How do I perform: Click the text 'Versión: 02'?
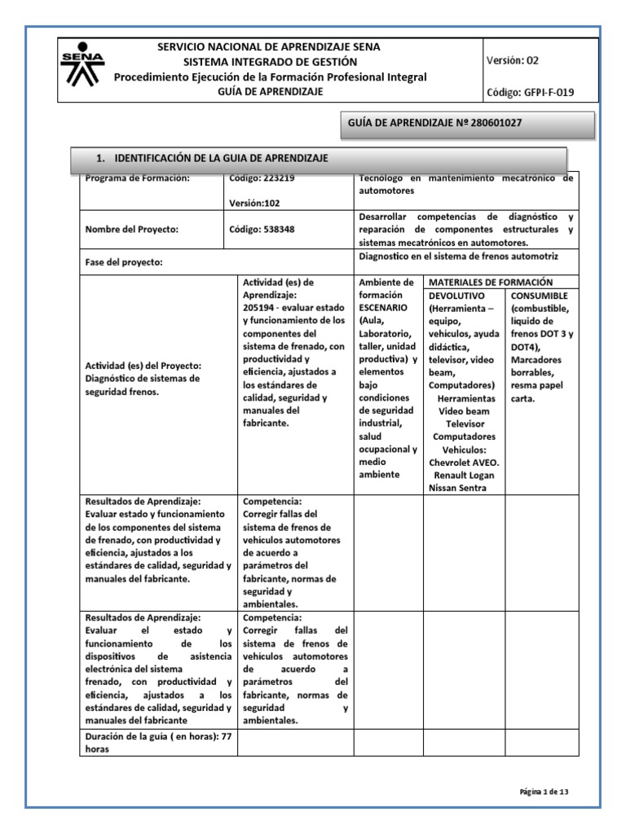click(x=513, y=60)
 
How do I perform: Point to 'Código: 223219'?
click(x=262, y=178)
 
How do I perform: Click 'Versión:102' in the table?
click(x=255, y=205)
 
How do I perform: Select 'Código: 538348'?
click(x=262, y=230)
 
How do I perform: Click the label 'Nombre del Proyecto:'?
click(x=131, y=230)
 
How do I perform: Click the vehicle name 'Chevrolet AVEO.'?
click(x=464, y=461)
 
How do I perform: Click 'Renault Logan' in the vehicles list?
click(x=464, y=474)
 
